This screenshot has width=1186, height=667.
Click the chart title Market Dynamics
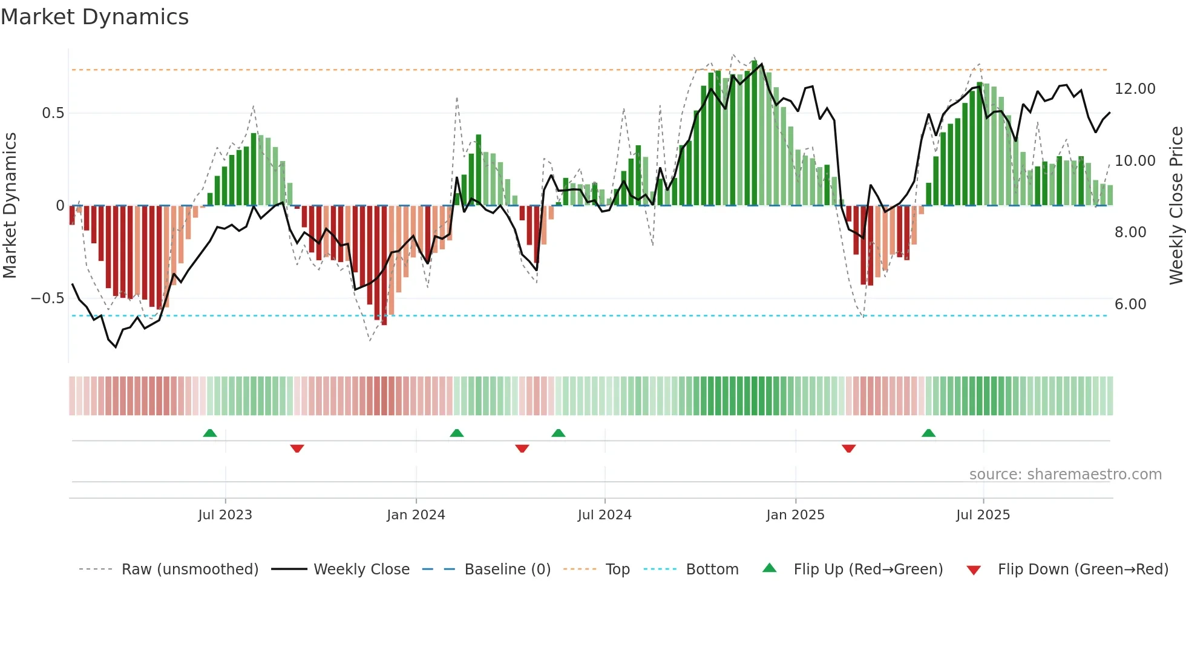[x=94, y=17]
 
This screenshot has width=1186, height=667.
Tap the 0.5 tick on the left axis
[x=53, y=113]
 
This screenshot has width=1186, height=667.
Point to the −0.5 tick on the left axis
[x=47, y=298]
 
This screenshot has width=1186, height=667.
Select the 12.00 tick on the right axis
[x=1135, y=89]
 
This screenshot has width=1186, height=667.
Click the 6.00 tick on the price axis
[x=1130, y=304]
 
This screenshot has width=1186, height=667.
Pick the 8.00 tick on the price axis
[x=1130, y=232]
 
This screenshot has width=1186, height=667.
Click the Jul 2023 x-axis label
[x=225, y=515]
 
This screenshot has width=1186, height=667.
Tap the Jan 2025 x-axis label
[x=795, y=515]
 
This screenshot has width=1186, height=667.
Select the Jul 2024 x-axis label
[x=604, y=515]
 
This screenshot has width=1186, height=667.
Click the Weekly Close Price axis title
[x=1176, y=206]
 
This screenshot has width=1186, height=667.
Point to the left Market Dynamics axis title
[x=10, y=206]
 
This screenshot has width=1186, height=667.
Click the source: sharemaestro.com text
[x=1065, y=475]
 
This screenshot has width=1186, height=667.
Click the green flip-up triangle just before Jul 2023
[x=210, y=433]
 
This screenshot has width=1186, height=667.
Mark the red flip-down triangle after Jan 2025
[x=848, y=448]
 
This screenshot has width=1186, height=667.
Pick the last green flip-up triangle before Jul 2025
[x=928, y=433]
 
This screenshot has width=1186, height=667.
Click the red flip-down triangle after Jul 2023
[x=296, y=448]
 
